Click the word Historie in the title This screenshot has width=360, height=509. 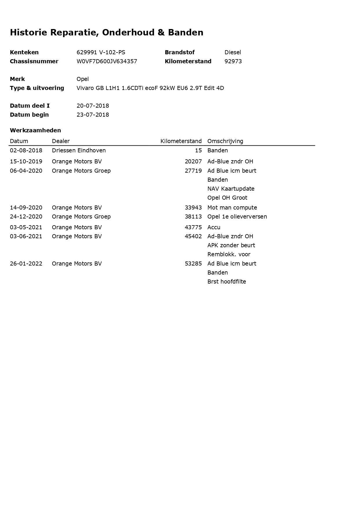point(28,32)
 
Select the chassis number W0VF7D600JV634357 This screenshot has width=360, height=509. point(107,61)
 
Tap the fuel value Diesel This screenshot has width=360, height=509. point(233,52)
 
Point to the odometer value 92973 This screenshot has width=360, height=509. point(233,61)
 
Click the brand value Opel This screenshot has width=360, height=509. point(83,79)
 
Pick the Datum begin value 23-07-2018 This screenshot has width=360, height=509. point(93,115)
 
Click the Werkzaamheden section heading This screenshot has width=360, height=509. point(35,130)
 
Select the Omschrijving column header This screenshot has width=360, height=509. point(225,141)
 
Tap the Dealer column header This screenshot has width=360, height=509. point(61,141)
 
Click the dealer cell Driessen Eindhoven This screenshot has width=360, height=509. point(79,150)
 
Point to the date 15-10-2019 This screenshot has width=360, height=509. point(26,161)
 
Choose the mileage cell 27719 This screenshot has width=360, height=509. point(193,171)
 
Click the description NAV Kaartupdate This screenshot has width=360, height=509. point(231,189)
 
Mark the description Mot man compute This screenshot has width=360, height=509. point(232,207)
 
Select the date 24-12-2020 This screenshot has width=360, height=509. point(26,216)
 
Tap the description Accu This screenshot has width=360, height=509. point(214,227)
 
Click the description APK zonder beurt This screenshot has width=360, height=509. point(231,245)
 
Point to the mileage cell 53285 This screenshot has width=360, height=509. point(193,263)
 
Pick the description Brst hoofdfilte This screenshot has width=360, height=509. point(227,281)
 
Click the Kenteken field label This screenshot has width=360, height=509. point(24,52)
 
